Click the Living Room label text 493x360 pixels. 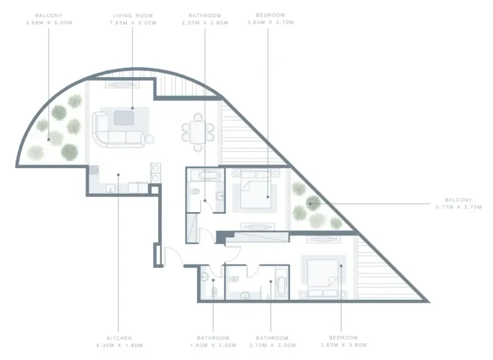coord(132,14)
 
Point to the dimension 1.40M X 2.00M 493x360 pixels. coord(213,346)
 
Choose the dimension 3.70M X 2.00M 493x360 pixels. coord(272,346)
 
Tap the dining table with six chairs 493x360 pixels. coord(198,131)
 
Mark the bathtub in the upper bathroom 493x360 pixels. coord(205,176)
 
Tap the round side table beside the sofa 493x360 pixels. coord(149,139)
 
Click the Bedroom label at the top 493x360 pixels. coord(268,14)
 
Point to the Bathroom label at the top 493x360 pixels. coord(205,14)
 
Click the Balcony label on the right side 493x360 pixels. coord(458,200)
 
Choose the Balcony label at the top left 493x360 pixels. coord(50,14)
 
